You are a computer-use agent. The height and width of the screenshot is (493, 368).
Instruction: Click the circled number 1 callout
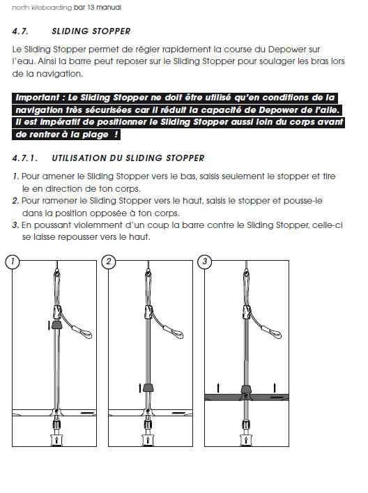pyautogui.click(x=13, y=261)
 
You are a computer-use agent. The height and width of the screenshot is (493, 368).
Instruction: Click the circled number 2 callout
pyautogui.click(x=109, y=261)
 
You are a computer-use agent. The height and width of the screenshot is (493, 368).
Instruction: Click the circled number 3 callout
pyautogui.click(x=205, y=261)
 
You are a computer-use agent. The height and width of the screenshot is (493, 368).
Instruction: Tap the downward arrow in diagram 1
pyautogui.click(x=49, y=326)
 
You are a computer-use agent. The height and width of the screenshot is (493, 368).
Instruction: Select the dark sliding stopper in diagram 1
pyautogui.click(x=57, y=325)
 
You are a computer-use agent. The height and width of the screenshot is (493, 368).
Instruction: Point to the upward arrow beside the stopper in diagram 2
pyautogui.click(x=140, y=388)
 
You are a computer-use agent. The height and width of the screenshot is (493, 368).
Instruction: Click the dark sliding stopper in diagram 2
pyautogui.click(x=148, y=388)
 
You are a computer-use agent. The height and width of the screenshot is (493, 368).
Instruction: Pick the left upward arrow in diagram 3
pyautogui.click(x=218, y=388)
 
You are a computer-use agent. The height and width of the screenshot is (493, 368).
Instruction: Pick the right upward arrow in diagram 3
pyautogui.click(x=275, y=388)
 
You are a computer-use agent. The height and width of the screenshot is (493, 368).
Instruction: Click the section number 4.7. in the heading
pyautogui.click(x=20, y=31)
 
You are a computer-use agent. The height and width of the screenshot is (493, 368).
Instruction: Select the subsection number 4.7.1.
pyautogui.click(x=24, y=158)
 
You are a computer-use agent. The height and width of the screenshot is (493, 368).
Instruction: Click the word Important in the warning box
pyautogui.click(x=38, y=98)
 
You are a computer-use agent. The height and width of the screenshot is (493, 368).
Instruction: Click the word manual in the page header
pyautogui.click(x=109, y=7)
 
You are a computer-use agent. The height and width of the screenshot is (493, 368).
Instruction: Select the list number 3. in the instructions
pyautogui.click(x=16, y=225)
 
